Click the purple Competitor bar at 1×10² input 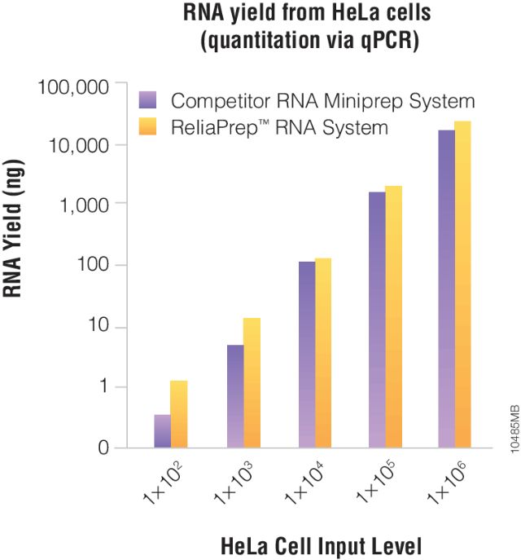tap(162, 431)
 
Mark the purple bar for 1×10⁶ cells tap(447, 289)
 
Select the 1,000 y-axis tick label tap(80, 205)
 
